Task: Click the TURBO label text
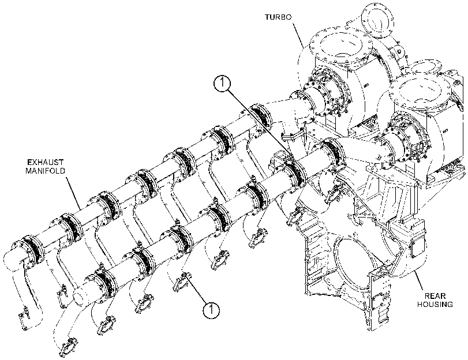(278, 17)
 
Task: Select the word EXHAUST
(46, 162)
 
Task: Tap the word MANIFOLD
(46, 171)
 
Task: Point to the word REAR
(435, 296)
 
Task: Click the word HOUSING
(435, 305)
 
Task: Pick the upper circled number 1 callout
(222, 82)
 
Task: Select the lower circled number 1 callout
(211, 310)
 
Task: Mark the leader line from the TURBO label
(298, 35)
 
